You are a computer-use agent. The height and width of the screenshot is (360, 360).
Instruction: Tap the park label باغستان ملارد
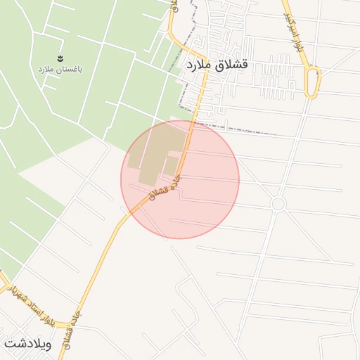(60, 70)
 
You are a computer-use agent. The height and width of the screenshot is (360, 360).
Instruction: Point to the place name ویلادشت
(29, 344)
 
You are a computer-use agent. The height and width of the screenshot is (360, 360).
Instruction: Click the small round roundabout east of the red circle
(278, 204)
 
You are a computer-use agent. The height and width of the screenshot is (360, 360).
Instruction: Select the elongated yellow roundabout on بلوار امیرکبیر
(313, 82)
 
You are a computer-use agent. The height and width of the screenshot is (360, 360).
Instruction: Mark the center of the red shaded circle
(180, 179)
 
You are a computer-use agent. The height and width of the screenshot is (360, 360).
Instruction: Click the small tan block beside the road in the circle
(170, 166)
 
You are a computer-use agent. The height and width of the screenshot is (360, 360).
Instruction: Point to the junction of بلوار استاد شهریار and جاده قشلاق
(72, 326)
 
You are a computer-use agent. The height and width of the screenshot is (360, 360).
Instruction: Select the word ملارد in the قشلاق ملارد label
(202, 65)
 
